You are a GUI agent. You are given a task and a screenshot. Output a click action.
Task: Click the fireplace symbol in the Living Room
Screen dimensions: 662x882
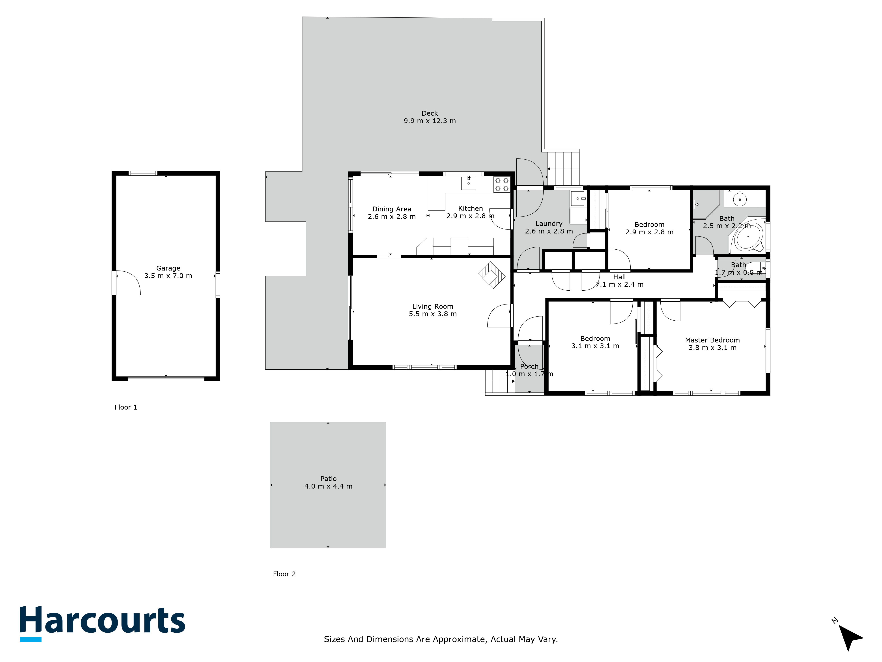(492, 275)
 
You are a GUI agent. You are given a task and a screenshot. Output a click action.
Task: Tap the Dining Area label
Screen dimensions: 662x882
(392, 209)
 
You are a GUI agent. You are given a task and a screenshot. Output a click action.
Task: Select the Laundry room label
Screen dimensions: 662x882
(549, 224)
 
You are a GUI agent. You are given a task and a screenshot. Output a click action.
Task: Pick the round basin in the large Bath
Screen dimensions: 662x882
(740, 199)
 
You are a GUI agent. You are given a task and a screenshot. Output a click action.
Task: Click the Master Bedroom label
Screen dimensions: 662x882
(712, 340)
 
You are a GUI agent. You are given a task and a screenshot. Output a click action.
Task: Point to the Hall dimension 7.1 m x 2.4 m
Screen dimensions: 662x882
(619, 284)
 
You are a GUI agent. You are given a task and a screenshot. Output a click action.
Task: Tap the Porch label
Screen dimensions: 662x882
(529, 366)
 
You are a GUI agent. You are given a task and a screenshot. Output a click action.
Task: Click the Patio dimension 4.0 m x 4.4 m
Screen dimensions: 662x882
(328, 486)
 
